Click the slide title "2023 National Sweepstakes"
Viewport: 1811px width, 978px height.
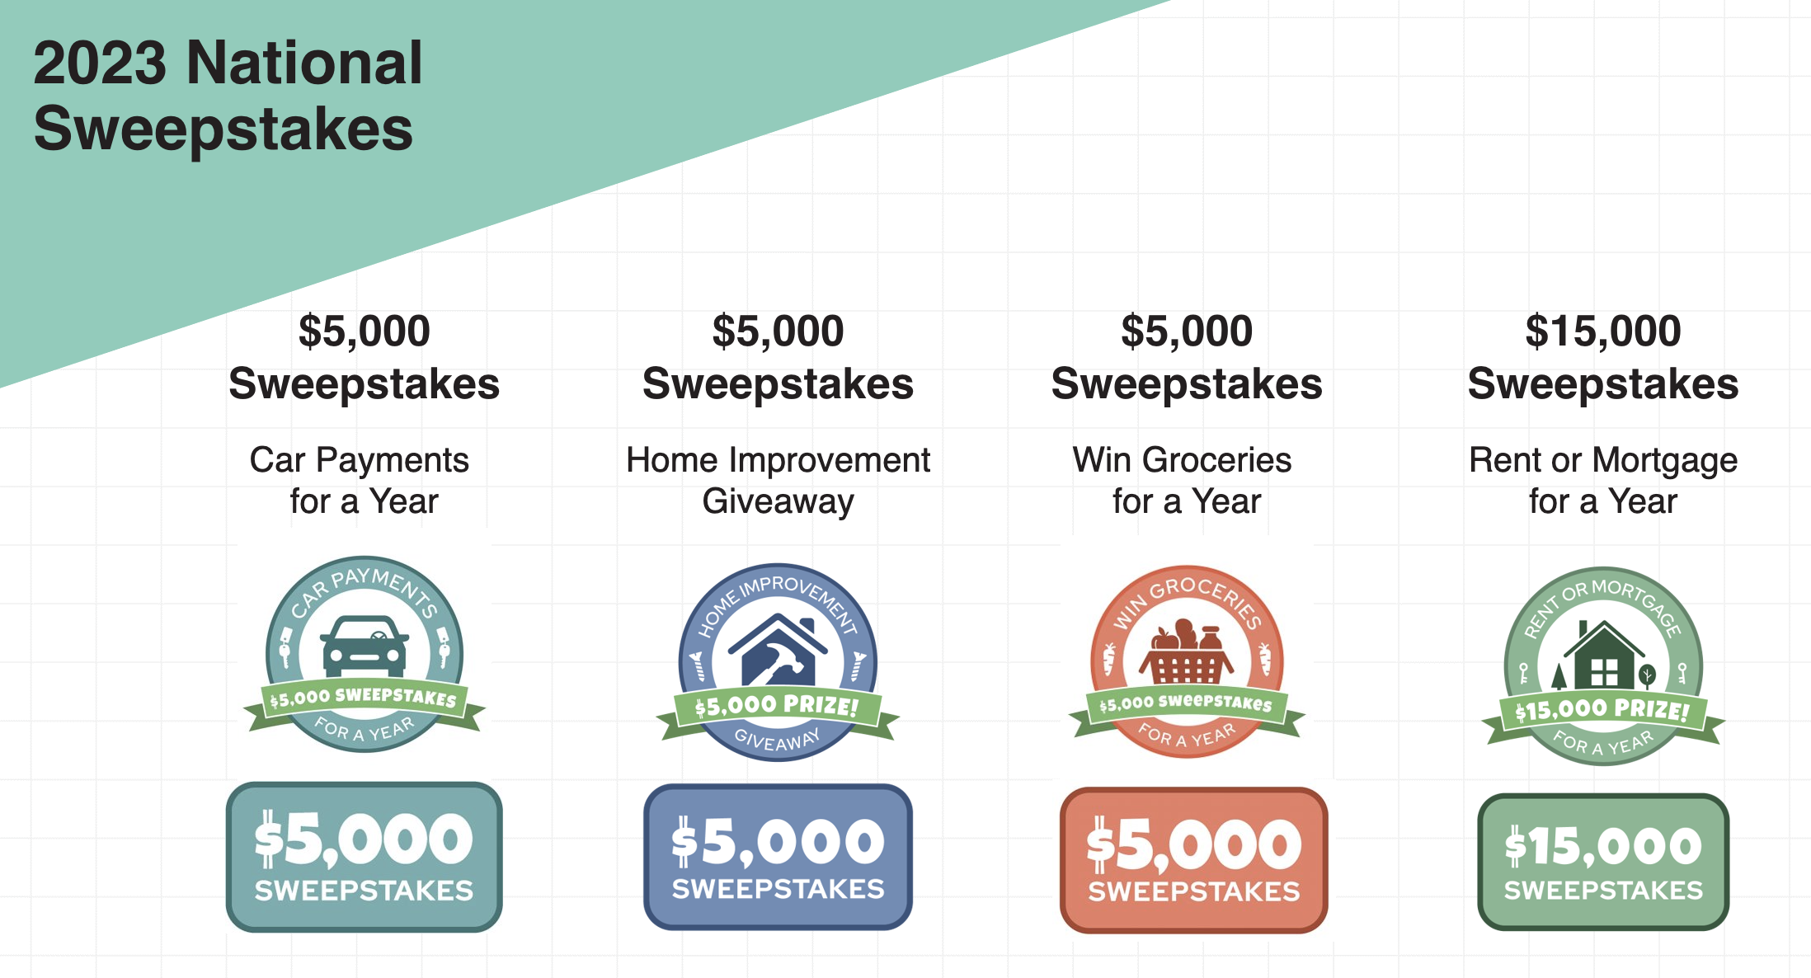click(x=228, y=96)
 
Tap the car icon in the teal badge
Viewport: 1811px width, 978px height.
click(x=365, y=647)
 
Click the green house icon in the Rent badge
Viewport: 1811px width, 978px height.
click(x=1603, y=655)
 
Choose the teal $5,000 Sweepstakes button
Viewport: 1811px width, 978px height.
click(x=365, y=857)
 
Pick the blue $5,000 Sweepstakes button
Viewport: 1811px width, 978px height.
click(x=778, y=857)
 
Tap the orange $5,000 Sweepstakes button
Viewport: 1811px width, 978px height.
click(x=1194, y=860)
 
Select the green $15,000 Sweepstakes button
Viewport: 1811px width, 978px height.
click(x=1603, y=862)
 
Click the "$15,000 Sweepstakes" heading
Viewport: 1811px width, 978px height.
click(x=1603, y=357)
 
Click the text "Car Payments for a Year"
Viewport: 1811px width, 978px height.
click(x=360, y=480)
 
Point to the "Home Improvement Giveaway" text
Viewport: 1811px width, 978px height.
click(x=778, y=480)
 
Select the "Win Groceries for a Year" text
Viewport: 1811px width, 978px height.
click(x=1184, y=480)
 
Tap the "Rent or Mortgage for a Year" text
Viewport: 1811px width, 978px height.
click(x=1603, y=480)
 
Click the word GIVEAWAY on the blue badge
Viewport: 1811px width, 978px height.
click(x=778, y=740)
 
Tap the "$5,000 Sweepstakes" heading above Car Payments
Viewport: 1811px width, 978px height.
click(x=365, y=357)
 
